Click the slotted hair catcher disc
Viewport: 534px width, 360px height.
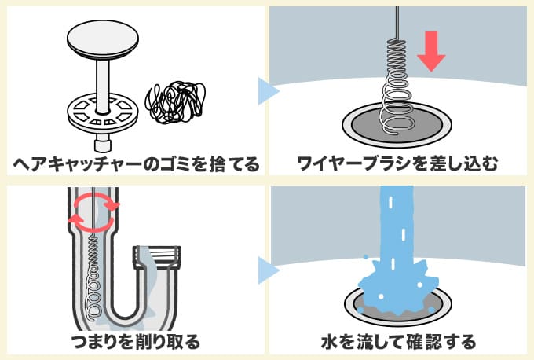101,112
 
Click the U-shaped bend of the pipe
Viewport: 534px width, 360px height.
118,310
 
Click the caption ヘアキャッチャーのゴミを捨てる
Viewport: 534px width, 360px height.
134,164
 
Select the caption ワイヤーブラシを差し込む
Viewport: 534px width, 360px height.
398,164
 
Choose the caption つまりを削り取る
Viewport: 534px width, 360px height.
134,341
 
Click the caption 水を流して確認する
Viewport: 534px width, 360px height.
398,341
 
